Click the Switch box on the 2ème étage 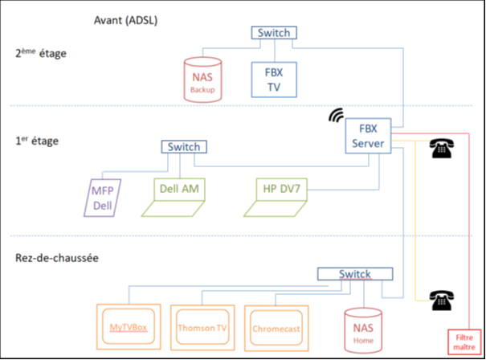tap(274, 33)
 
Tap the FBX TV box tap(274, 80)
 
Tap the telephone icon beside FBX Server tap(440, 148)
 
